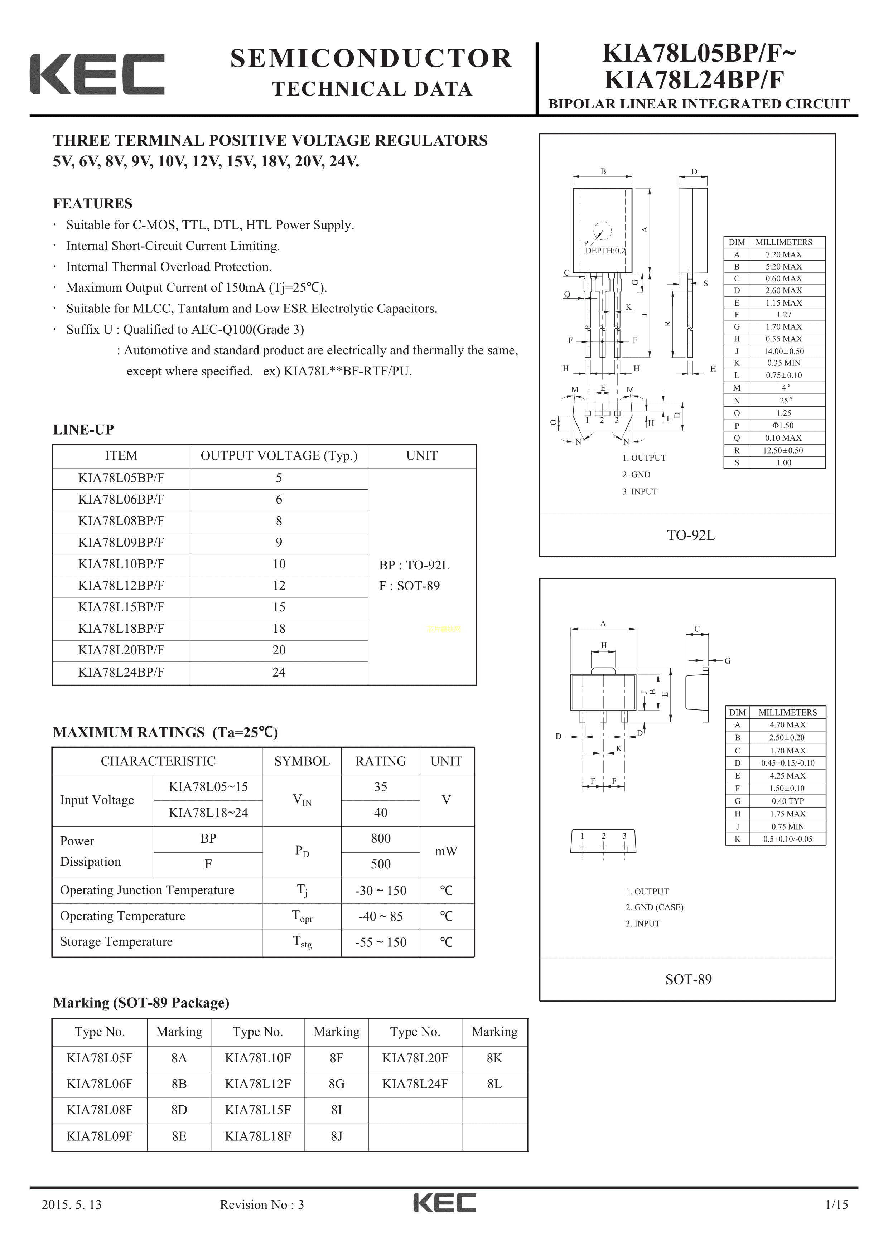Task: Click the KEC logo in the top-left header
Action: [97, 74]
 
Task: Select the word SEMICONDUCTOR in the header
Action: [371, 59]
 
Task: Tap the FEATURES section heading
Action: [92, 204]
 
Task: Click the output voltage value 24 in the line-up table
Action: [279, 672]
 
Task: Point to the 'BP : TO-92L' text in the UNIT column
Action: [414, 565]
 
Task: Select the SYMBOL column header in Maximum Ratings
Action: [302, 761]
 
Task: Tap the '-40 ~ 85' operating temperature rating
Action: [381, 916]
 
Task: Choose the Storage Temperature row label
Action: [116, 941]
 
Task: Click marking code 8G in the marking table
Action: [337, 1084]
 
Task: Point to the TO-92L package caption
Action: [690, 535]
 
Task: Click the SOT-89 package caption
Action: [688, 979]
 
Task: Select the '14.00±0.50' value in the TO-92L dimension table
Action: [784, 351]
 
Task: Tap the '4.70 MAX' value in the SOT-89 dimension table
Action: [787, 725]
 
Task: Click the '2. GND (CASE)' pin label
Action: [655, 907]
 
